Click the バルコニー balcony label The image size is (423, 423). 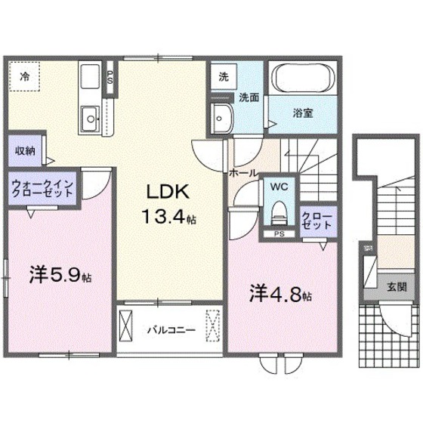pos(171,330)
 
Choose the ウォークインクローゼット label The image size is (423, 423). pos(43,187)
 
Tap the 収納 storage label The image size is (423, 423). pos(25,150)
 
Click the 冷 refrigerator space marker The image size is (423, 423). pos(25,76)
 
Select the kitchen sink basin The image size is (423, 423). pos(91,116)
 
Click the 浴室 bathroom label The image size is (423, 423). pos(303,114)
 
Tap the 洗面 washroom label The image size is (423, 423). pos(250,97)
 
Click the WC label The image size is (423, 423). pos(278,186)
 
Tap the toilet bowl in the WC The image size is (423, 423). pos(279,211)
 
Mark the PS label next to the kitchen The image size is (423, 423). pos(110,78)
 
